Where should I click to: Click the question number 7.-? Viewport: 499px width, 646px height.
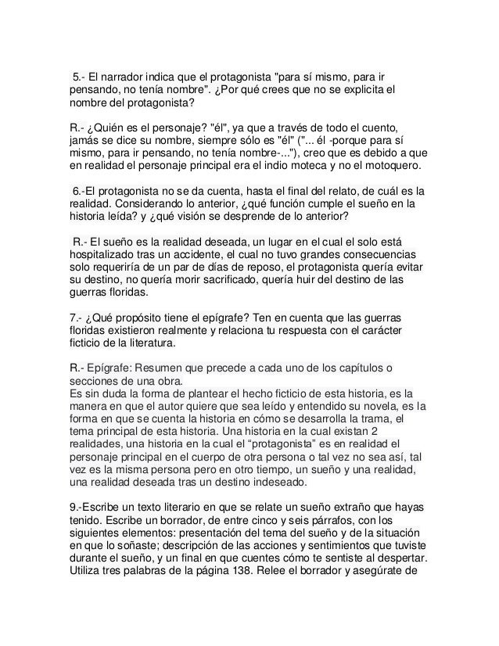pos(77,320)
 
